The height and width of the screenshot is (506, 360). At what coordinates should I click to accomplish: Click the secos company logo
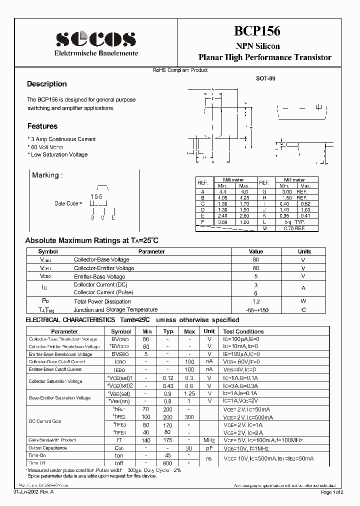tap(95, 38)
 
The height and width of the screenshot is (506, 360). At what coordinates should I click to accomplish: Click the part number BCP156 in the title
tap(257, 31)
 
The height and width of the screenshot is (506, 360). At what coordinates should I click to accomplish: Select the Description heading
tap(46, 84)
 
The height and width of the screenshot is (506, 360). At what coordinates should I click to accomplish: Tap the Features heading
tap(42, 126)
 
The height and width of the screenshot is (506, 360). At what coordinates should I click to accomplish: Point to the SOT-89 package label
tap(265, 79)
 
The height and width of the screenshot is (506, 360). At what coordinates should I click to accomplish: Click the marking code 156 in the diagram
tap(96, 197)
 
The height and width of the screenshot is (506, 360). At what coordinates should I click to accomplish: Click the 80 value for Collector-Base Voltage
tap(255, 259)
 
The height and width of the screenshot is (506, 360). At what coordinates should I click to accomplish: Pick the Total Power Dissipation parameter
tap(102, 301)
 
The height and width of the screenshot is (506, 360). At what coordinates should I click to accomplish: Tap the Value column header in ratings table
tap(255, 251)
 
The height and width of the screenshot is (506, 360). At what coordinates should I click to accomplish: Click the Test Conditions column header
tap(243, 331)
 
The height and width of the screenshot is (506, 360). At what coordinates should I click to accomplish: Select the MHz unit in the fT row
tap(209, 440)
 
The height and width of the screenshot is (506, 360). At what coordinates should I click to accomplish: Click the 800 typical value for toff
tap(168, 463)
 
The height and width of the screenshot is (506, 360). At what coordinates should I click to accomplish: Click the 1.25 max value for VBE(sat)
tap(189, 393)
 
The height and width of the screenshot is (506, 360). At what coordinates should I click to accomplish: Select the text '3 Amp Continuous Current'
tap(62, 139)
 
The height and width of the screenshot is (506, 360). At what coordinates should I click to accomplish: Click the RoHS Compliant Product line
tap(180, 70)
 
